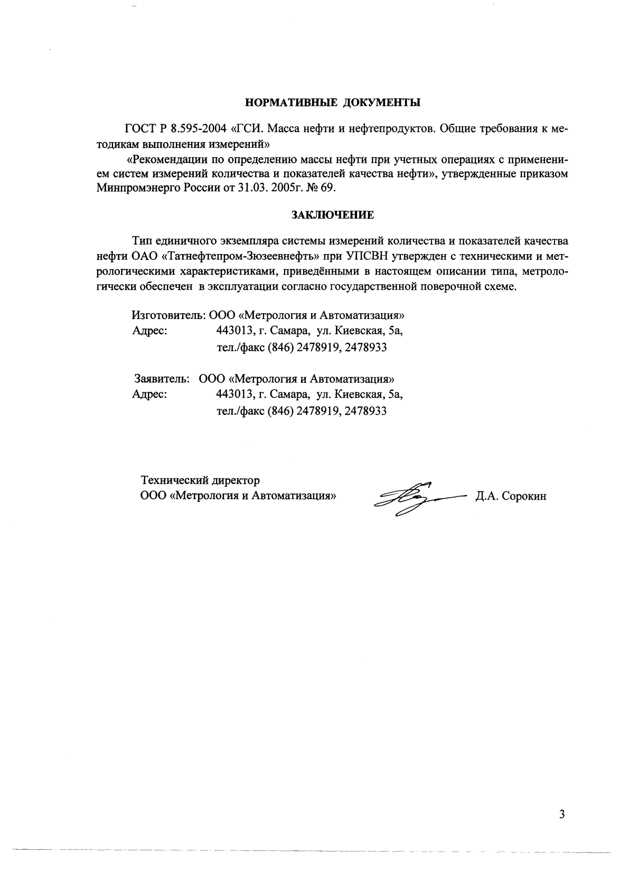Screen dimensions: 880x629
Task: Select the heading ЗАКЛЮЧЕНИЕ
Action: click(333, 215)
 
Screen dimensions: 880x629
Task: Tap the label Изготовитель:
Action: click(168, 316)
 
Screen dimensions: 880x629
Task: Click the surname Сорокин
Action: click(524, 497)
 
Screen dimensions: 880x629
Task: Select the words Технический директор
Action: click(200, 481)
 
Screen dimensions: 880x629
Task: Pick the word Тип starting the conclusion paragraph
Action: click(141, 242)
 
